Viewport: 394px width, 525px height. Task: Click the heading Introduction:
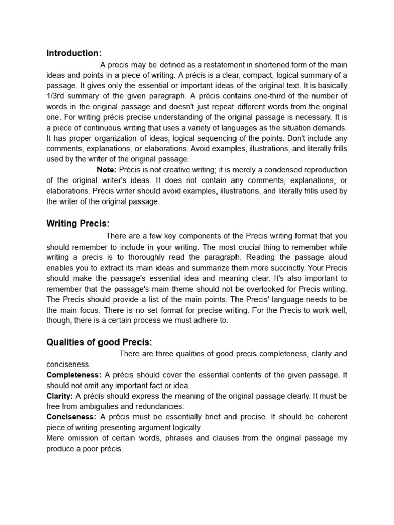(x=74, y=53)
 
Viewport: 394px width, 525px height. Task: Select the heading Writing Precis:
(x=78, y=224)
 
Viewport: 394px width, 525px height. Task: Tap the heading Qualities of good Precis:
(x=100, y=342)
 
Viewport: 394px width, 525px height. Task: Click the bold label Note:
(x=107, y=170)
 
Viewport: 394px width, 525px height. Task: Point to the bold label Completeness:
(x=74, y=375)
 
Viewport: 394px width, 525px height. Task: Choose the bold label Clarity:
(x=60, y=396)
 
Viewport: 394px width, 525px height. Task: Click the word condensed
(x=276, y=170)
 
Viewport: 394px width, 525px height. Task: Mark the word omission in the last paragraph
(x=85, y=438)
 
